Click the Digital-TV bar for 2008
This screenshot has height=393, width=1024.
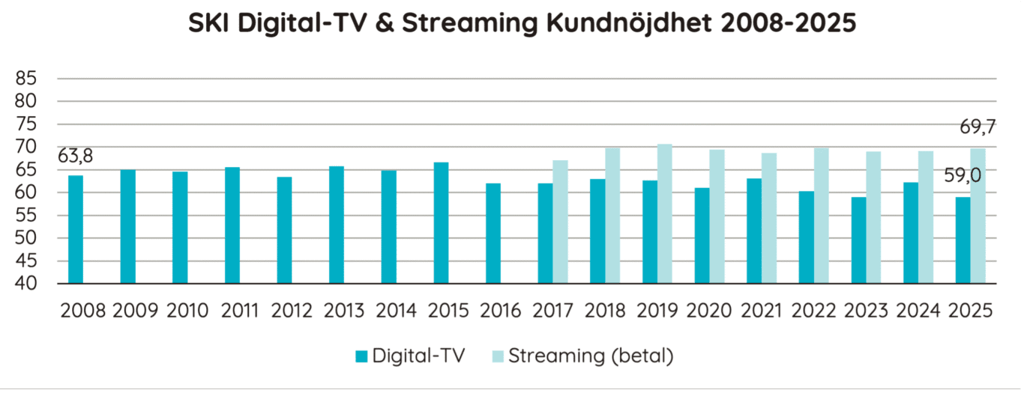pyautogui.click(x=76, y=230)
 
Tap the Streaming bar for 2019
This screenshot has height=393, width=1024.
pyautogui.click(x=665, y=214)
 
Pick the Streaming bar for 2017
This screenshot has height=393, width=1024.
pyautogui.click(x=560, y=222)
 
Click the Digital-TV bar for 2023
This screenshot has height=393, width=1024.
pyautogui.click(x=858, y=240)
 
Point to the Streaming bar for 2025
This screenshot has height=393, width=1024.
pyautogui.click(x=978, y=216)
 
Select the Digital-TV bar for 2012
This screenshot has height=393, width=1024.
pyautogui.click(x=285, y=231)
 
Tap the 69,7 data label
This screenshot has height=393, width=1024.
pyautogui.click(x=978, y=128)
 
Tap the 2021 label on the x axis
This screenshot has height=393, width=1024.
pyautogui.click(x=762, y=311)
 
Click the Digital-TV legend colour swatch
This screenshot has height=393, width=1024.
pyautogui.click(x=360, y=356)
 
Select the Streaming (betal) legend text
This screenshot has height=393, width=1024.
pyautogui.click(x=591, y=356)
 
